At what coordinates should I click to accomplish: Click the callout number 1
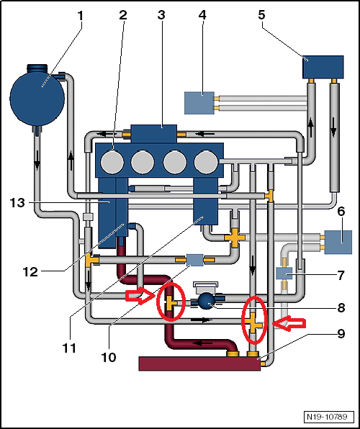pos(80,17)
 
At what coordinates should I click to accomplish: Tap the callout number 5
pos(261,15)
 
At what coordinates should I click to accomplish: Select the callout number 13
pos(17,203)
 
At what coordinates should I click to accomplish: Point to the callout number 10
pos(109,357)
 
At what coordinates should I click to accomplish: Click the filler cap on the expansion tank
pos(37,68)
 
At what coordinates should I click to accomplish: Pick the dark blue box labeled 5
pos(323,67)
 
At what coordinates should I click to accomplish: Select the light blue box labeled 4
pos(199,103)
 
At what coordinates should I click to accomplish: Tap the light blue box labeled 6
pos(338,242)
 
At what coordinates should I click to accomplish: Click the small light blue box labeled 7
pos(284,274)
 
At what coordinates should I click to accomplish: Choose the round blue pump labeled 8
pos(207,301)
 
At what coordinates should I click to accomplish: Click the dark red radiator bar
pos(199,363)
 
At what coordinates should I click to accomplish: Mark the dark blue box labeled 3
pos(154,134)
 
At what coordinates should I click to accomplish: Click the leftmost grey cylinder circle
pos(112,162)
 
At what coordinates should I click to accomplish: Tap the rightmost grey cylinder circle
pos(206,162)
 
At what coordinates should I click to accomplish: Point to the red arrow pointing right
pos(140,296)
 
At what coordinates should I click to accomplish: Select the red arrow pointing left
pos(289,325)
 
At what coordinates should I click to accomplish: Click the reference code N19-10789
pos(327,417)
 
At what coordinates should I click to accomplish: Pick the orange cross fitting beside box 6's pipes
pos(235,238)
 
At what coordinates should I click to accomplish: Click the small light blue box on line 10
pos(194,260)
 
